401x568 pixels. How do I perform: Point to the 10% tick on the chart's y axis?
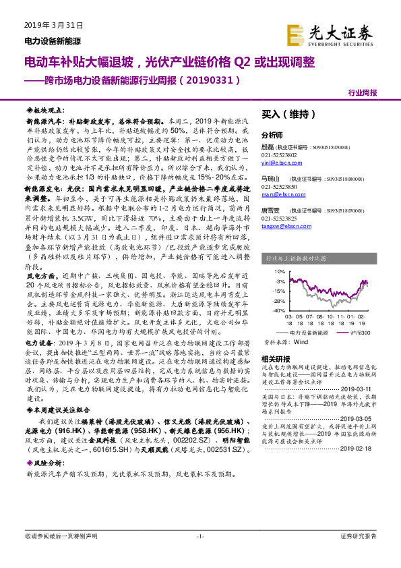278,271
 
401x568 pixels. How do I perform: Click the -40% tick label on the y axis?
278,311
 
